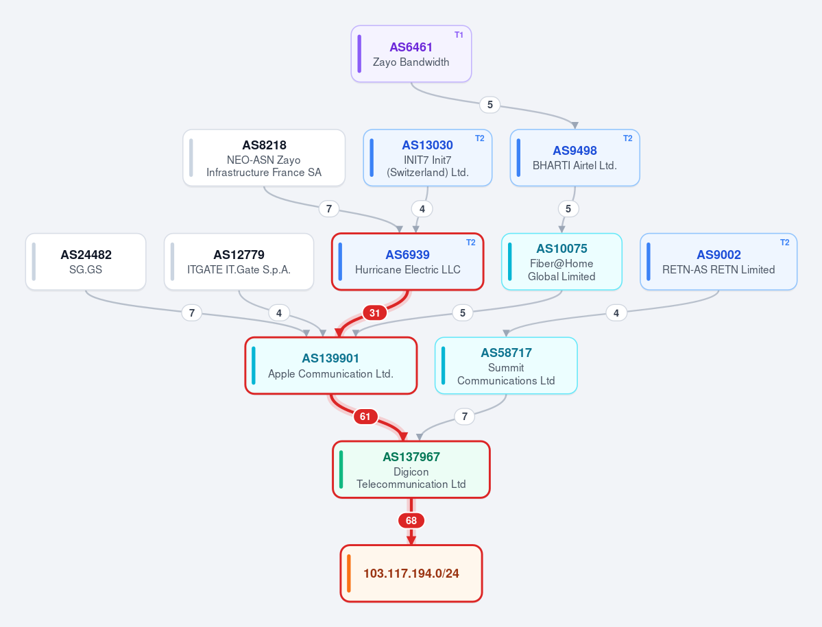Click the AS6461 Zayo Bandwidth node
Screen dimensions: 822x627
click(x=411, y=54)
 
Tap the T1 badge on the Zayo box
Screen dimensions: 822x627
click(x=459, y=35)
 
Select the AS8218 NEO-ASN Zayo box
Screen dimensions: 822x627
click(x=264, y=158)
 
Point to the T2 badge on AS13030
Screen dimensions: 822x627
click(x=480, y=138)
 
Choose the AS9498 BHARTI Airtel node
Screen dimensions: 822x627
click(x=575, y=158)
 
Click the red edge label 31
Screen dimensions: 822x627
click(x=374, y=313)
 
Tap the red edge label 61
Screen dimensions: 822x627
click(x=365, y=417)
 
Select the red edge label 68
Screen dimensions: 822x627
click(x=411, y=521)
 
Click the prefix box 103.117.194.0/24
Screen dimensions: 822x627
click(x=411, y=574)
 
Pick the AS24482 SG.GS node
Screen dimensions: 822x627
click(x=86, y=262)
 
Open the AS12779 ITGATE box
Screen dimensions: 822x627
click(x=239, y=262)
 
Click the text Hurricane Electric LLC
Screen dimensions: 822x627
click(x=408, y=270)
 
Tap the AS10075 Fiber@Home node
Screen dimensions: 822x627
click(x=561, y=262)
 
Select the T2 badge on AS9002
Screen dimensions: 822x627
click(x=785, y=243)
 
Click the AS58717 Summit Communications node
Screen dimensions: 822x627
click(x=506, y=366)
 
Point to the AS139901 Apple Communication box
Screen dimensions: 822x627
click(x=331, y=366)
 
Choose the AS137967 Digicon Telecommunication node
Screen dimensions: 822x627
click(x=411, y=469)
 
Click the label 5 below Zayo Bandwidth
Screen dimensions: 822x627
click(x=489, y=105)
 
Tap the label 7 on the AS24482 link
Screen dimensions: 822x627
click(x=192, y=313)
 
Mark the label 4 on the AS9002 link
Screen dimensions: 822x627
click(x=616, y=313)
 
